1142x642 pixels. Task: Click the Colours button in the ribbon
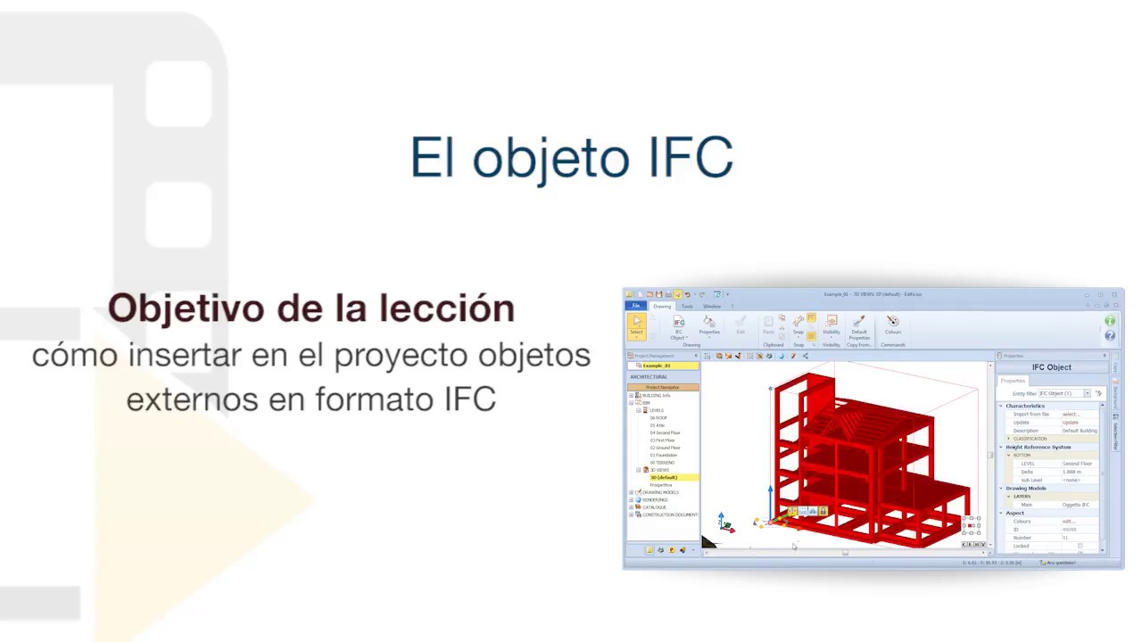click(892, 325)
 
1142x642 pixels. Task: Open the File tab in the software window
click(636, 306)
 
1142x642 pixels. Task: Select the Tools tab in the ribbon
click(687, 306)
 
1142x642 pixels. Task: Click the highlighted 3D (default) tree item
click(664, 478)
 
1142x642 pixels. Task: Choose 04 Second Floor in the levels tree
click(665, 432)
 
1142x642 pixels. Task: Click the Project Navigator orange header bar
click(663, 387)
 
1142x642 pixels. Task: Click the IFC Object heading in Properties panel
click(1051, 367)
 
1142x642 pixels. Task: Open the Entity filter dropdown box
click(1063, 393)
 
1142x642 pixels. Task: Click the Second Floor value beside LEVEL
click(1077, 464)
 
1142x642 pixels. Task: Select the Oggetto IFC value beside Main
click(1075, 505)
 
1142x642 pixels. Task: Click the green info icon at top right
click(1110, 321)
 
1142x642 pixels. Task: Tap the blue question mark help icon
click(1110, 335)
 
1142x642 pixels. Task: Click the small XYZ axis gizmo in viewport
click(726, 523)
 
